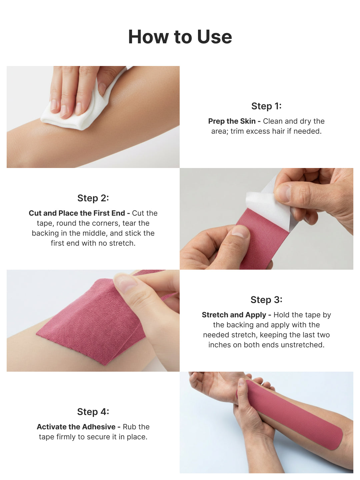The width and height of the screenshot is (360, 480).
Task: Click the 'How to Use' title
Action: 180,37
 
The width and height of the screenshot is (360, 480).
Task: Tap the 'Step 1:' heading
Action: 266,106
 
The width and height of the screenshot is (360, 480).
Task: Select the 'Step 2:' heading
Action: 93,198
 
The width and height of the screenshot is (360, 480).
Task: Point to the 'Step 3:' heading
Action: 266,300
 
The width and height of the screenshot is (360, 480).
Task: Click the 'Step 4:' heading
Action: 93,412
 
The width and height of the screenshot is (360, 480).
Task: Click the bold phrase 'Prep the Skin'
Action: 232,121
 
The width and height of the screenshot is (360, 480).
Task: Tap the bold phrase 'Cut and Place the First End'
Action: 77,213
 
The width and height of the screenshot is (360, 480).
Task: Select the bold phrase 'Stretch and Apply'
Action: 234,315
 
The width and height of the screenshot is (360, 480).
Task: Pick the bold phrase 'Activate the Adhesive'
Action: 76,427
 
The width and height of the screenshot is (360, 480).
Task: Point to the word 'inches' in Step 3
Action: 220,345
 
